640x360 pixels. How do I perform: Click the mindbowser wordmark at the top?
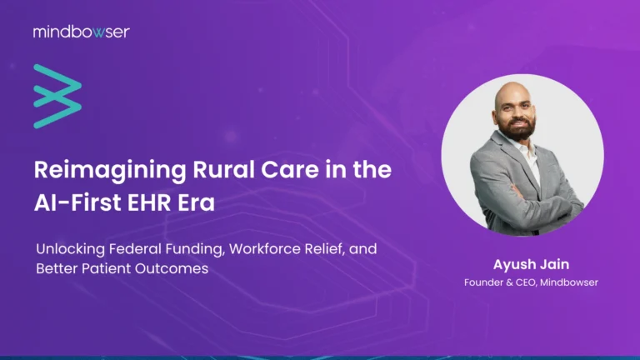point(81,32)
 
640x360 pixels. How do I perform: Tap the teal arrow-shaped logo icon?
point(57,96)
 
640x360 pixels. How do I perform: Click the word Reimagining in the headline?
point(95,170)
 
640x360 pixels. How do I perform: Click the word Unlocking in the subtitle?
point(67,248)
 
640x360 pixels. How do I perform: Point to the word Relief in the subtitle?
point(335,248)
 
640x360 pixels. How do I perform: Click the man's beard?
point(519,130)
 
